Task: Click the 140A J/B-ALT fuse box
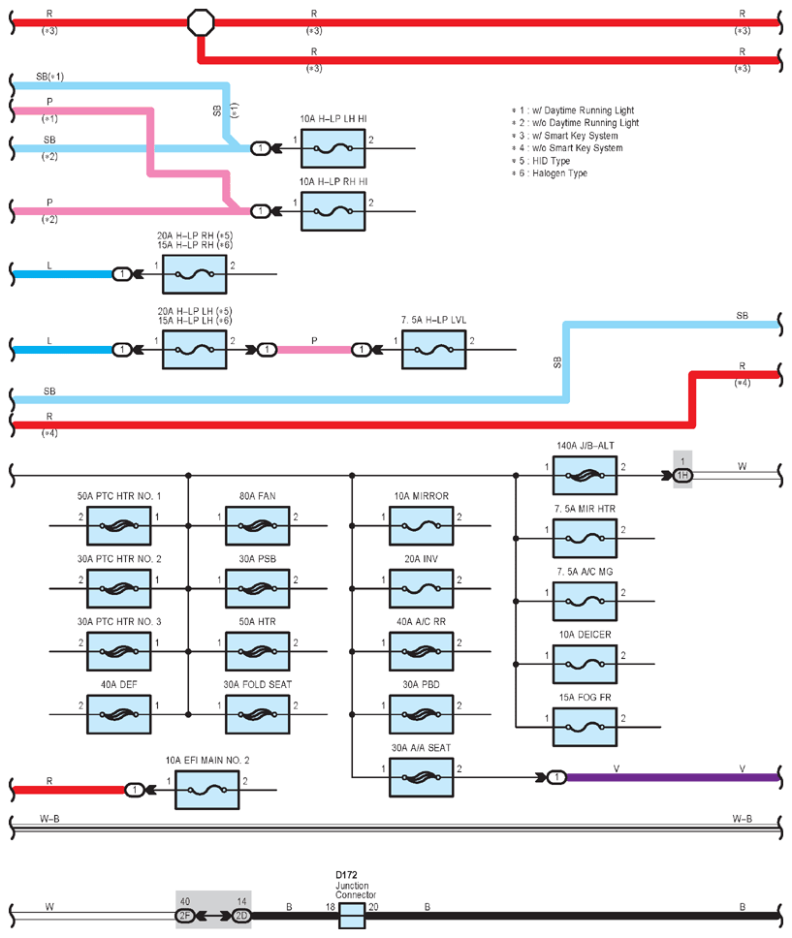click(x=585, y=476)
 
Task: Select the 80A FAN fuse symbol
click(x=258, y=526)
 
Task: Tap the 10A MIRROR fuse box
click(x=421, y=526)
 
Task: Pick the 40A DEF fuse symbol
click(x=118, y=714)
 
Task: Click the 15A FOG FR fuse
click(x=585, y=727)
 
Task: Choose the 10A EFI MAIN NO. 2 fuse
click(x=207, y=791)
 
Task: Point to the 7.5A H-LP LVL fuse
click(x=433, y=350)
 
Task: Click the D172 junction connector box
click(x=352, y=916)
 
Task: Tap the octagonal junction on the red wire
click(x=201, y=22)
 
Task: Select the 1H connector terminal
click(x=682, y=476)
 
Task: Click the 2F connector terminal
click(x=185, y=916)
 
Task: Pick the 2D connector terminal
click(x=241, y=916)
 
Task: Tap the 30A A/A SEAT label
click(x=421, y=748)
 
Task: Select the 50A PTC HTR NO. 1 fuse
click(x=118, y=526)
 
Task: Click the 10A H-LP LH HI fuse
click(x=333, y=148)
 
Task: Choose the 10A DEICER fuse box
click(x=585, y=664)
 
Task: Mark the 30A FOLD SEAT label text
click(x=258, y=684)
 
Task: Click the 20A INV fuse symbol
click(x=421, y=588)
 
